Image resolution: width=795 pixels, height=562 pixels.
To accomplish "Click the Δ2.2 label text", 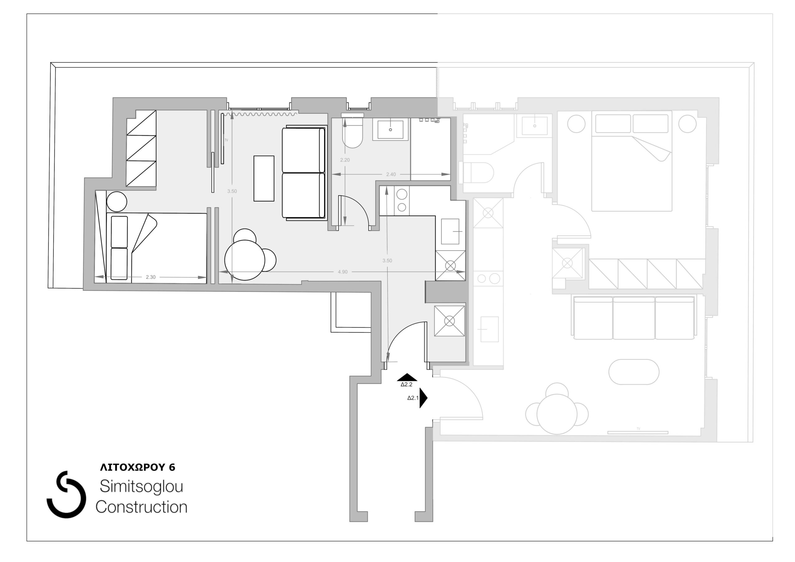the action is (407, 384).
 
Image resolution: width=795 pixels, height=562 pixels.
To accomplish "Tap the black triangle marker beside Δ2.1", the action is (423, 398).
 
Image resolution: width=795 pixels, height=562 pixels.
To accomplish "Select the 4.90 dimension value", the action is (343, 272).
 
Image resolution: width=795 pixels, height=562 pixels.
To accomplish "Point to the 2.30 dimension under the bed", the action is (151, 277).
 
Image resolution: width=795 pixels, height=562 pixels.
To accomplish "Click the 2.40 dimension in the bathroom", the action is (391, 174).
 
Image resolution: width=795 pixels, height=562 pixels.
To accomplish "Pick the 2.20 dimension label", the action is (345, 160).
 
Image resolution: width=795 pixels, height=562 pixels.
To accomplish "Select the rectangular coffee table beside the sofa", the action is (264, 178).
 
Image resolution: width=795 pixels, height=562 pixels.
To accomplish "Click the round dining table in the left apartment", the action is (244, 260).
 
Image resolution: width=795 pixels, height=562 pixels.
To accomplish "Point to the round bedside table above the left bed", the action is (117, 202).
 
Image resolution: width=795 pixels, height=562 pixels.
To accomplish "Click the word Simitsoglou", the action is (141, 487).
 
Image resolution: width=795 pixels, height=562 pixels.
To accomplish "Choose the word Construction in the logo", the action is (141, 507).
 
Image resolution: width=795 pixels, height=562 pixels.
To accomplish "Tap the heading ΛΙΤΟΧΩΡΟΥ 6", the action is (138, 468).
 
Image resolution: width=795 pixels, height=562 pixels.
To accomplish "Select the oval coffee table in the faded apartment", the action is (634, 372).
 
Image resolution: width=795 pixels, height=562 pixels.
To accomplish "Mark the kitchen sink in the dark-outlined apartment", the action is (450, 231).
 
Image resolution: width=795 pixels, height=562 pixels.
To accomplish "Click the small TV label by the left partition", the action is (226, 140).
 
